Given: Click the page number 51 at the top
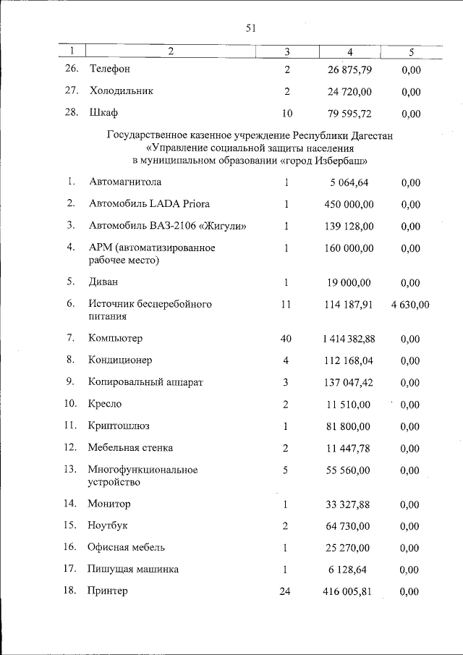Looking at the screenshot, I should click(x=251, y=28).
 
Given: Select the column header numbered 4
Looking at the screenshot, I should click(x=349, y=51).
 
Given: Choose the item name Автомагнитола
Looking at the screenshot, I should click(x=125, y=182).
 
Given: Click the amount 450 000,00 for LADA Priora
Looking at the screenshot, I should click(x=349, y=204).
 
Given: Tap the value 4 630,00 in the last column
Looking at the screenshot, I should click(x=410, y=305).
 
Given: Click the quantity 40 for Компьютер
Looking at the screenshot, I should click(x=286, y=338).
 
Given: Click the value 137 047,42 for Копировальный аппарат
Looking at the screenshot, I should click(x=349, y=381).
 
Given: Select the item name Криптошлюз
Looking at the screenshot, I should click(x=119, y=426).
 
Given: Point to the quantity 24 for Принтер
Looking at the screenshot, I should click(x=284, y=591).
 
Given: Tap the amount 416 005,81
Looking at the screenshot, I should click(x=347, y=591).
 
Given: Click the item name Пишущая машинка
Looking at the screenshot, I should click(x=133, y=570).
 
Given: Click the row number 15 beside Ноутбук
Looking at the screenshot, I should click(x=70, y=525).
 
